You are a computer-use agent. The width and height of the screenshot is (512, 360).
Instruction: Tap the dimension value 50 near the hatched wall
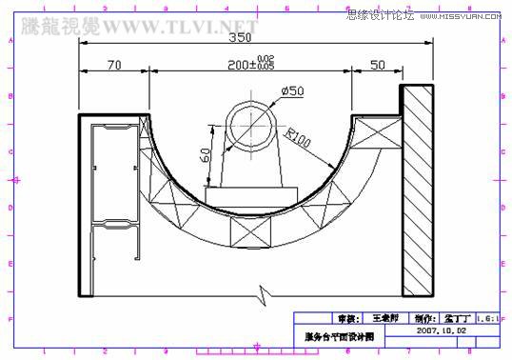(x=377, y=65)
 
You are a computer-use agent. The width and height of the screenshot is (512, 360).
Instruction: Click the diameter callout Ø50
(x=291, y=91)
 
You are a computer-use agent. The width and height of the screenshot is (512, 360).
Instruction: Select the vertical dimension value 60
(x=206, y=154)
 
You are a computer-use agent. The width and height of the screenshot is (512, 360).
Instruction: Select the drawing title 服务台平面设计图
(x=339, y=336)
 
